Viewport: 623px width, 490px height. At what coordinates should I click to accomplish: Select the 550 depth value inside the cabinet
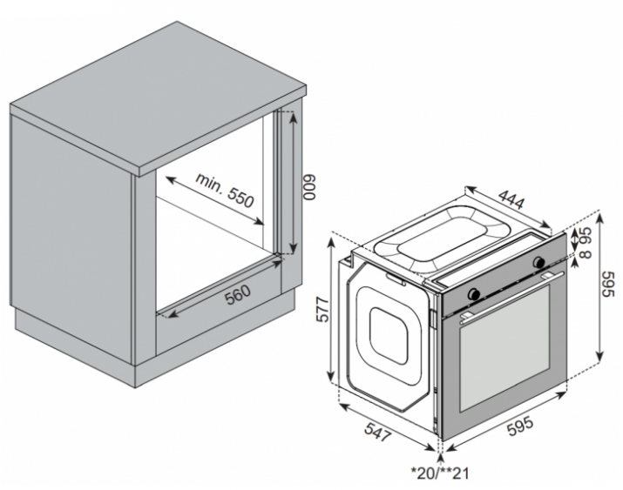(240, 198)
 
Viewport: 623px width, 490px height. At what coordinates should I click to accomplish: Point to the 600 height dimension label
(309, 187)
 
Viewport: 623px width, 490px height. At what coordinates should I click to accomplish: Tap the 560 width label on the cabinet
(238, 295)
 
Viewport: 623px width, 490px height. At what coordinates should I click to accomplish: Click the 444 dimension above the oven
(511, 198)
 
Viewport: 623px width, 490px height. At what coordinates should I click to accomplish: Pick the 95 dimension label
(586, 236)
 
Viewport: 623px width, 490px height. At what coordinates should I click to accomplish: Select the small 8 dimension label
(586, 254)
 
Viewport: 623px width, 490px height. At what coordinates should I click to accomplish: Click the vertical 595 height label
(608, 284)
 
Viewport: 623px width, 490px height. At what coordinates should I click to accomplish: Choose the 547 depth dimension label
(378, 432)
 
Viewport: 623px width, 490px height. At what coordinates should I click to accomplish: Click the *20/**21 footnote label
(440, 473)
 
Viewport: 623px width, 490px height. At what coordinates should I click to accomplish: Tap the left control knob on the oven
(474, 293)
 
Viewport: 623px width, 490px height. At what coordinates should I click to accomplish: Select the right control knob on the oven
(539, 262)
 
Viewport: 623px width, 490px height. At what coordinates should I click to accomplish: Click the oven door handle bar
(512, 295)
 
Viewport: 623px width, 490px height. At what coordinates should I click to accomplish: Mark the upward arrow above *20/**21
(441, 460)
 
